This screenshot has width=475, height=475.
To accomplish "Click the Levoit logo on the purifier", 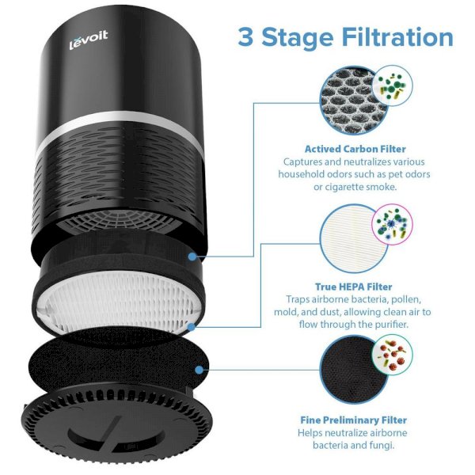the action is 89,40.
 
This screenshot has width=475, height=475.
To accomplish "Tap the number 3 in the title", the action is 245,37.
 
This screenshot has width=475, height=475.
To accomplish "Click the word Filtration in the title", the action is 397,37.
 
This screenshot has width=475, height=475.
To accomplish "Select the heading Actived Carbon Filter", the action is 355,149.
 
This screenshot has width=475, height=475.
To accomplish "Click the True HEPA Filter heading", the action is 354,287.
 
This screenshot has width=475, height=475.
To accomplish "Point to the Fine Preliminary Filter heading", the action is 354,420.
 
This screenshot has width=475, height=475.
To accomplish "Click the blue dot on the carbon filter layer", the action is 192,256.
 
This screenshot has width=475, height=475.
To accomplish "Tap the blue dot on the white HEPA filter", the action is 191,327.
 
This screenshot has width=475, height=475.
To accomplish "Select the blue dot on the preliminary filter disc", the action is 199,370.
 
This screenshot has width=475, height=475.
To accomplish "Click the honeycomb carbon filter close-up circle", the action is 353,101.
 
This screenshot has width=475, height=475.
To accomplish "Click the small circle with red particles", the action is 393,355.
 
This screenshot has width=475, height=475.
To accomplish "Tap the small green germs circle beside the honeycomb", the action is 393,85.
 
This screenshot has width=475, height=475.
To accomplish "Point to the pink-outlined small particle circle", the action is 393,224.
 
